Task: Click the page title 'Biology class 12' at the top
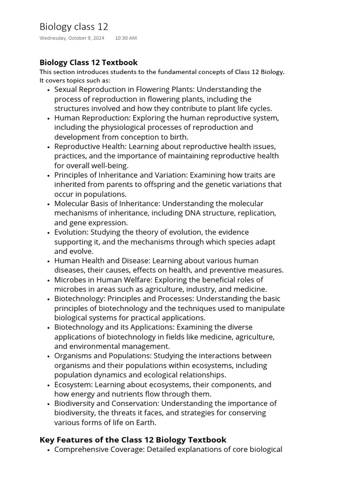[74, 27]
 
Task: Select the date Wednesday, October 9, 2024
[72, 38]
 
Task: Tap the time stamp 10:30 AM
[126, 38]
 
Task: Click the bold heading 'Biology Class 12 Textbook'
[89, 62]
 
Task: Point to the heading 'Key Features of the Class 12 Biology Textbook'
[133, 440]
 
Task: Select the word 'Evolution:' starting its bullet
[71, 232]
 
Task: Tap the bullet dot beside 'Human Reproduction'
[49, 118]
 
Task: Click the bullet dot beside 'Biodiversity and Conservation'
[49, 404]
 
